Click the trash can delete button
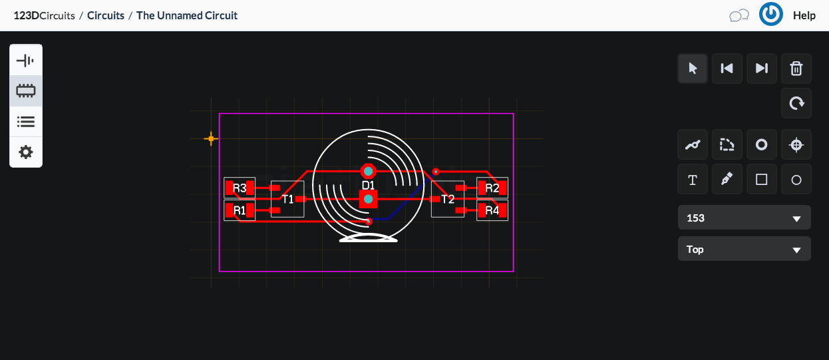coord(796,69)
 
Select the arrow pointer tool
coord(693,69)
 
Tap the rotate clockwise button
coord(796,103)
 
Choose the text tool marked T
coord(693,180)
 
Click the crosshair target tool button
coord(796,145)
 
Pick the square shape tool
coord(762,180)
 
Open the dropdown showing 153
coord(744,218)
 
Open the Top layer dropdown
coord(744,249)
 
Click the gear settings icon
coord(26,152)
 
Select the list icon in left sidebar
coord(26,122)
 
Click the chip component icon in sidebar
coord(26,91)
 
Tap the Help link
coord(804,15)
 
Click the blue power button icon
coord(770,15)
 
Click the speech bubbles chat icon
coord(739,15)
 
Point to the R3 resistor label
coord(240,188)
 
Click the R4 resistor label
coord(492,210)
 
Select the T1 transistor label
coord(287,199)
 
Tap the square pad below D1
coord(368,199)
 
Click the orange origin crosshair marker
coord(211,138)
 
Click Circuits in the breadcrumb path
coord(106,15)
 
